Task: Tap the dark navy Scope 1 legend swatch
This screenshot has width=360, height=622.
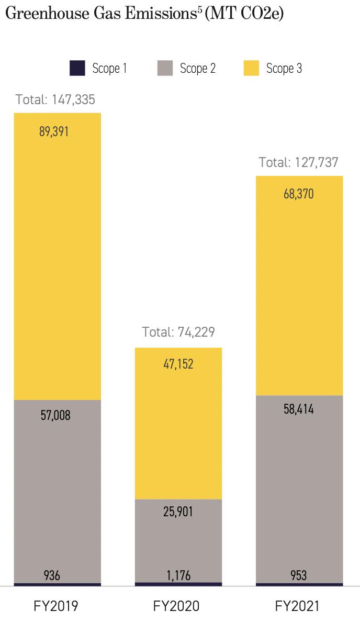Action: coord(77,68)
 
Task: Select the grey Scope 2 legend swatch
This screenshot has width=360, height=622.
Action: coord(165,68)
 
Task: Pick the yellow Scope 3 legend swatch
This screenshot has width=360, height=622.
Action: coord(251,68)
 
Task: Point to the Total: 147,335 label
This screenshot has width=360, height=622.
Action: coord(55,99)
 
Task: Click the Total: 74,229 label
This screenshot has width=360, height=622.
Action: coord(178,332)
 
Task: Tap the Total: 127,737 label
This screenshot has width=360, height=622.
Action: coord(299,162)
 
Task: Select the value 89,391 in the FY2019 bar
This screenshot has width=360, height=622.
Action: coord(54,131)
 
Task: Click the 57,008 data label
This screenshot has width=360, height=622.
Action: coord(55,416)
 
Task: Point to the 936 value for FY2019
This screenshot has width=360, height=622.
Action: coord(52,576)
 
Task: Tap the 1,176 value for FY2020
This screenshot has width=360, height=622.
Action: coord(178,576)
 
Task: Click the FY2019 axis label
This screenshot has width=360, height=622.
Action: coord(56,606)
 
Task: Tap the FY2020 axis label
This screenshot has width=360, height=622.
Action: coord(176,606)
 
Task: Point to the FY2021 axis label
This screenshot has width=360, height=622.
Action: coord(297,606)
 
